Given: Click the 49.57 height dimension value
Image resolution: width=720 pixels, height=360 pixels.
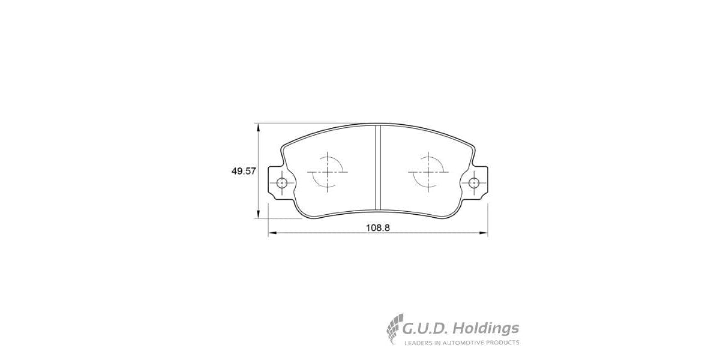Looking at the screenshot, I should (x=244, y=171).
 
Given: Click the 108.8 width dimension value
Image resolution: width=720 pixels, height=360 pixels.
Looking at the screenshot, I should (x=378, y=228).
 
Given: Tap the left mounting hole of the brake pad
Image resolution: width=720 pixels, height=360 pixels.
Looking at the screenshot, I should (x=280, y=183).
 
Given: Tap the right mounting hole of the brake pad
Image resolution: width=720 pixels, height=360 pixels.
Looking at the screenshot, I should (x=474, y=183).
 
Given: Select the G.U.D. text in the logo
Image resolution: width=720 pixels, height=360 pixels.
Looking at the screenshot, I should (x=425, y=328).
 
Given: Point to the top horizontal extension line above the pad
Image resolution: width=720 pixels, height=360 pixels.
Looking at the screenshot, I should (x=312, y=124).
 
